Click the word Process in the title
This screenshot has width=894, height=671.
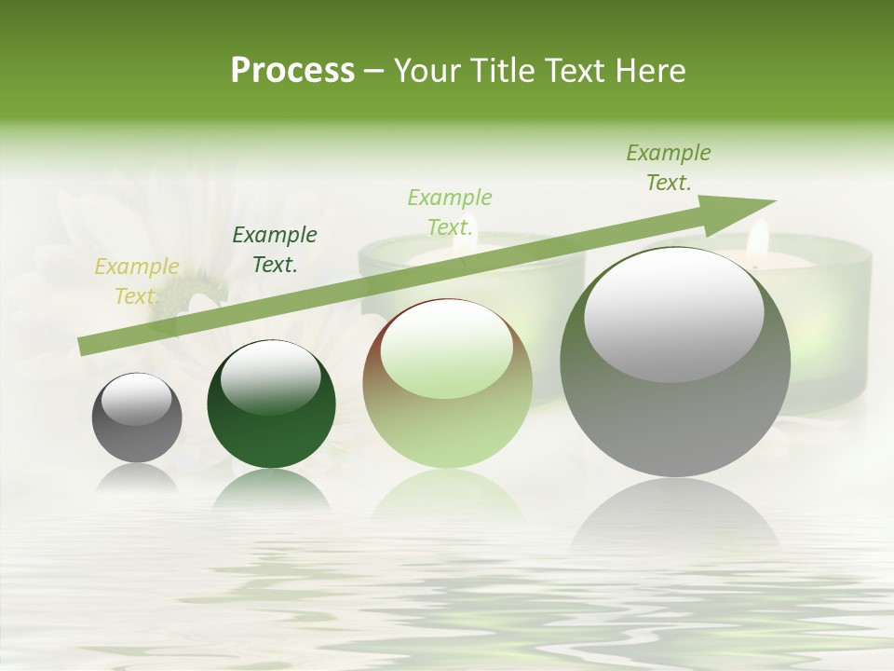292,70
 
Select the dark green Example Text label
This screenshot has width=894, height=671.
274,250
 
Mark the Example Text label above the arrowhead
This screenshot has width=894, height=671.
669,168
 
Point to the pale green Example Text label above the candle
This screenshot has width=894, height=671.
450,212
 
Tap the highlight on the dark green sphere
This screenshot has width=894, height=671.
271,377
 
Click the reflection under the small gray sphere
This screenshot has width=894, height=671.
137,479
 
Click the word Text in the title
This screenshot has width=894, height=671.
572,70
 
